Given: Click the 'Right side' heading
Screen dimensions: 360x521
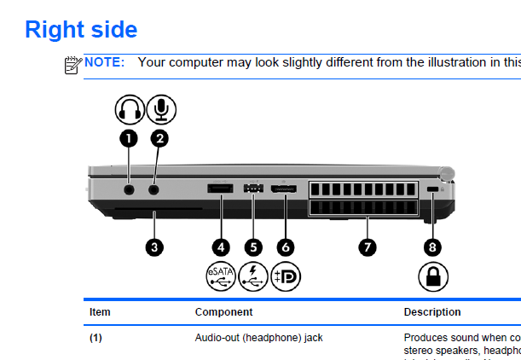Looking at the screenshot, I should (81, 29).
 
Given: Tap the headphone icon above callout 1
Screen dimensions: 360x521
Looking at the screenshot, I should (130, 109).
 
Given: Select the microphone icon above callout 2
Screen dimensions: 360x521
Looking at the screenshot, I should (161, 109).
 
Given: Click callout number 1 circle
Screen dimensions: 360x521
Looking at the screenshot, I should (129, 136).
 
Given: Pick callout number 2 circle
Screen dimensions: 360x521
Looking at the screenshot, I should (160, 136).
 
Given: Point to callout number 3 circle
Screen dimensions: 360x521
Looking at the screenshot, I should (153, 247).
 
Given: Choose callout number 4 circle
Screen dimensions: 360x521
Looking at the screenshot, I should (221, 247).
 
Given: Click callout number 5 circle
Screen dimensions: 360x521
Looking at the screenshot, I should (252, 247).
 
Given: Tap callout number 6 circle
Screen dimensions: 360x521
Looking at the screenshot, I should (286, 247).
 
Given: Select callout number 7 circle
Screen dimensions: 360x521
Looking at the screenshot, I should (367, 247).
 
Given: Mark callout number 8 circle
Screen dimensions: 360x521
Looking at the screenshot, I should (433, 247).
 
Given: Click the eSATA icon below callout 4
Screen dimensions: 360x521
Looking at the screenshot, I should (221, 276).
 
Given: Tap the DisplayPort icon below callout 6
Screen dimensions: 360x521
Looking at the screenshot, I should (286, 276).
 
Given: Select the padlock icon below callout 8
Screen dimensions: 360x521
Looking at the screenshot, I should (433, 276).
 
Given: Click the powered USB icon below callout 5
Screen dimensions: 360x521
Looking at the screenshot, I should (253, 276).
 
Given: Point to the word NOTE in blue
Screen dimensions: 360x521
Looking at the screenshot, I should (104, 62).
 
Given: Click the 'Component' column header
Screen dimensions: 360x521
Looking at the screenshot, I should (223, 312).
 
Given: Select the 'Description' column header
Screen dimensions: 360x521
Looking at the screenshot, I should (432, 312).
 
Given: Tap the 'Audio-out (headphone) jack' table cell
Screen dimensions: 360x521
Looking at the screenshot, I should (258, 338).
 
